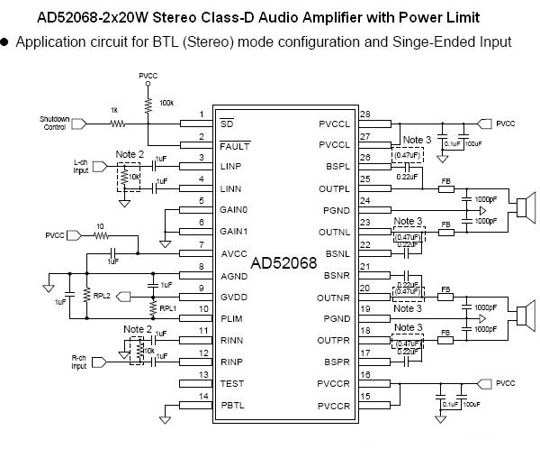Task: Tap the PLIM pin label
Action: (x=231, y=318)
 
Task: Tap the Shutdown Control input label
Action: (x=54, y=124)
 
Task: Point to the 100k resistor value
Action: (x=166, y=103)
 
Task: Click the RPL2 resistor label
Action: (x=102, y=295)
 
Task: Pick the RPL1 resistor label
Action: (x=168, y=307)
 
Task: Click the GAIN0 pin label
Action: (x=234, y=209)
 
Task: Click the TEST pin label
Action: (x=231, y=383)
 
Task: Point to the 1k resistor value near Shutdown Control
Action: (x=113, y=110)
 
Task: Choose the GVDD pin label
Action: (x=232, y=297)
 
